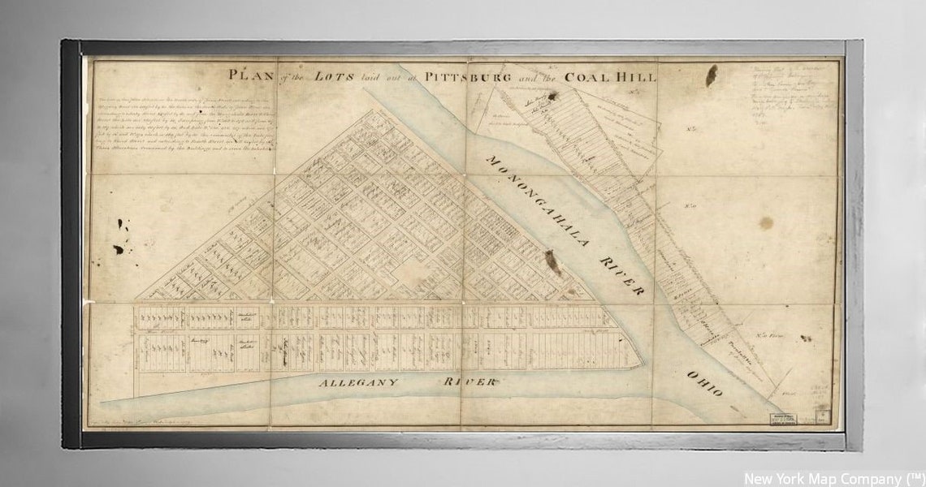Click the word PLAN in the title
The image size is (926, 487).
click(x=249, y=75)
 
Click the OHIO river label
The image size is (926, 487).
click(x=703, y=383)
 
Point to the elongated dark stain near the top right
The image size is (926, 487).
click(x=711, y=75)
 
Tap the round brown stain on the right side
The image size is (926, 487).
click(x=765, y=222)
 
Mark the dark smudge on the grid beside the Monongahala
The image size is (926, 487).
click(x=552, y=262)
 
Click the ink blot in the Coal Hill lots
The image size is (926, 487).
click(x=552, y=97)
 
